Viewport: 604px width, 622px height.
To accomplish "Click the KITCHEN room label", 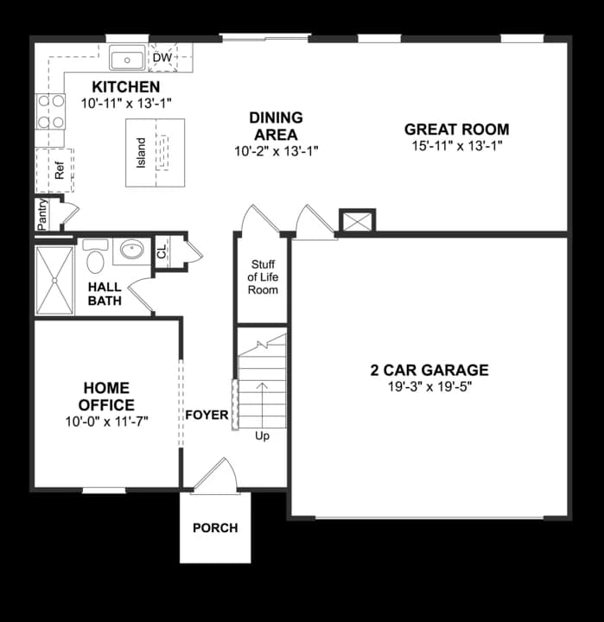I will tap(126, 87).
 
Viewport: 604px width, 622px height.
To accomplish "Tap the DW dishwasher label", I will tap(162, 59).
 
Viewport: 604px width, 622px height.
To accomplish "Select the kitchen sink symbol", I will tap(127, 60).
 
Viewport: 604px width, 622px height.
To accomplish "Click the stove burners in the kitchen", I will tap(51, 111).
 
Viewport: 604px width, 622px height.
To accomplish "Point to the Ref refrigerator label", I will tap(60, 170).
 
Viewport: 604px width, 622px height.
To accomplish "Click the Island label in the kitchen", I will tap(141, 153).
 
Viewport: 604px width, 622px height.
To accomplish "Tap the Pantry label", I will tap(41, 213).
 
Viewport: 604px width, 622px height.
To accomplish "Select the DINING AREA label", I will tap(276, 126).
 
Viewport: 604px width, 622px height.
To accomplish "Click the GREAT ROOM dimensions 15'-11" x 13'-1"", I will tap(457, 146).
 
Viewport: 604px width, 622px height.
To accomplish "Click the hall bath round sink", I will tap(131, 251).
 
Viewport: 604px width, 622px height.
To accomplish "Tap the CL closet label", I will tap(162, 253).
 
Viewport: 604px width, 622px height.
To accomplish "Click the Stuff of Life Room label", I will tap(263, 277).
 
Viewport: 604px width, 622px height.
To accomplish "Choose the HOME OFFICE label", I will tap(107, 397).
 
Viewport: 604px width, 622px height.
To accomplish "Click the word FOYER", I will tap(207, 416).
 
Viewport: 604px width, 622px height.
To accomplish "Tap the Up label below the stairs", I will tap(262, 436).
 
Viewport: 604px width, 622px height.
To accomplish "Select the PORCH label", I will tap(214, 528).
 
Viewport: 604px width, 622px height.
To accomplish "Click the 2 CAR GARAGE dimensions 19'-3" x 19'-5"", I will tap(429, 387).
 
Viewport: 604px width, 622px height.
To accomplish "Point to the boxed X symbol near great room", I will tap(357, 221).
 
